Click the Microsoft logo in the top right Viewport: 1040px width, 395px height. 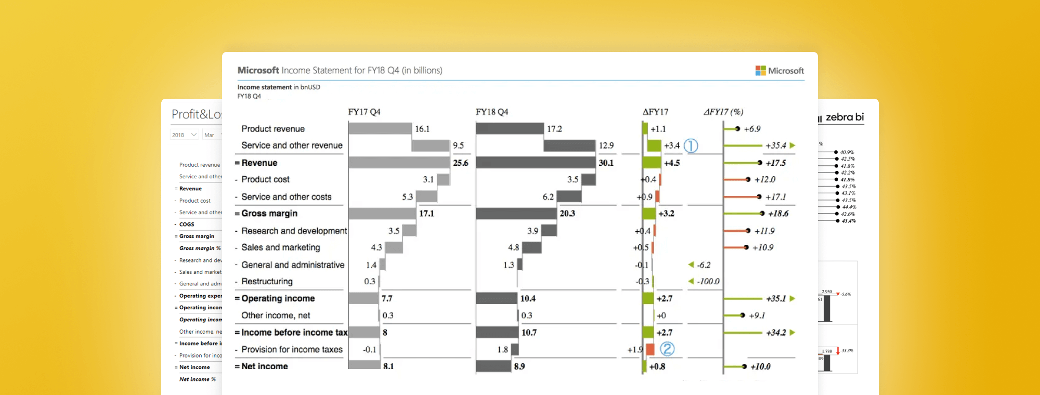[x=779, y=71]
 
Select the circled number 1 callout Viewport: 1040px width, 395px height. [x=691, y=146]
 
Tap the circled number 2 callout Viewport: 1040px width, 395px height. [x=667, y=349]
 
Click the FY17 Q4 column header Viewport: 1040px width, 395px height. [x=364, y=112]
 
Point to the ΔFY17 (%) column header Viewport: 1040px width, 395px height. [x=723, y=112]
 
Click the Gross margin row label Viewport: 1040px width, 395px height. [x=269, y=214]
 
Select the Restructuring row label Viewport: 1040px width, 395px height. [x=267, y=281]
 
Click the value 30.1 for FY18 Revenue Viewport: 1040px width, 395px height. [x=606, y=163]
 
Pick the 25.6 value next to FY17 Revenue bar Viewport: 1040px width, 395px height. [x=460, y=163]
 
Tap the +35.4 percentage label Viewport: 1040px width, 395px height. [x=775, y=146]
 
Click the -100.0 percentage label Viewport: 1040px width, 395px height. [x=708, y=281]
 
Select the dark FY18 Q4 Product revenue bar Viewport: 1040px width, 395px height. [x=510, y=128]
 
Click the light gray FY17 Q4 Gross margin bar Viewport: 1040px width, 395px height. [x=382, y=214]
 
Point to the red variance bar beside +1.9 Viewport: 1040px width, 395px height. [x=649, y=349]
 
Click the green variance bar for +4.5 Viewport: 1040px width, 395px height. [x=652, y=163]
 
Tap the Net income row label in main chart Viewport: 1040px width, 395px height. [x=264, y=366]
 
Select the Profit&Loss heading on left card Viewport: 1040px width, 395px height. [x=197, y=114]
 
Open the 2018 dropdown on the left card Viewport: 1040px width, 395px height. [x=184, y=135]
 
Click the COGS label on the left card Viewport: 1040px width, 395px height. [x=187, y=225]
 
